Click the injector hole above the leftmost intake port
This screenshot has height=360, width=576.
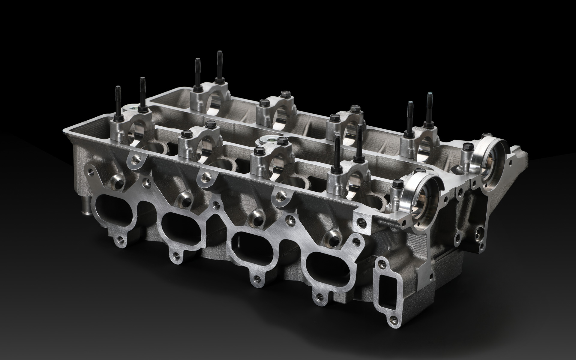117,181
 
